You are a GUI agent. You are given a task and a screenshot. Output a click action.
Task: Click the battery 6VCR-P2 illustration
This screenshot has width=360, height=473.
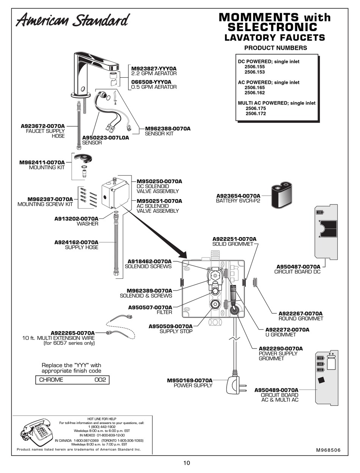click(x=282, y=195)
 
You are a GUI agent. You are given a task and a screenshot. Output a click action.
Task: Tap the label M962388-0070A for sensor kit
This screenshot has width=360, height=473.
click(x=168, y=129)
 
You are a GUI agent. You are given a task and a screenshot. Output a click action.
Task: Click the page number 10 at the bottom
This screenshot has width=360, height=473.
click(x=186, y=463)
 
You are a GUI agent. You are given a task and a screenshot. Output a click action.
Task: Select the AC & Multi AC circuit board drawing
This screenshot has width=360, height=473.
click(x=327, y=377)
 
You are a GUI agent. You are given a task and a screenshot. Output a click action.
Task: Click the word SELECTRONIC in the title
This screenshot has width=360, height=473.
click(x=272, y=27)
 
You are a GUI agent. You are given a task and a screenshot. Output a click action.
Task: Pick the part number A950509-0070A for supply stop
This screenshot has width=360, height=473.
click(x=171, y=326)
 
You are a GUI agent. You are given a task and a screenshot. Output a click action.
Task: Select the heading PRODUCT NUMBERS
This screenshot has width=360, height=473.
click(x=275, y=48)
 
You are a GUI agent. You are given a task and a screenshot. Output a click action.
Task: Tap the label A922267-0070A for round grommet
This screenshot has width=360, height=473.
click(x=301, y=313)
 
